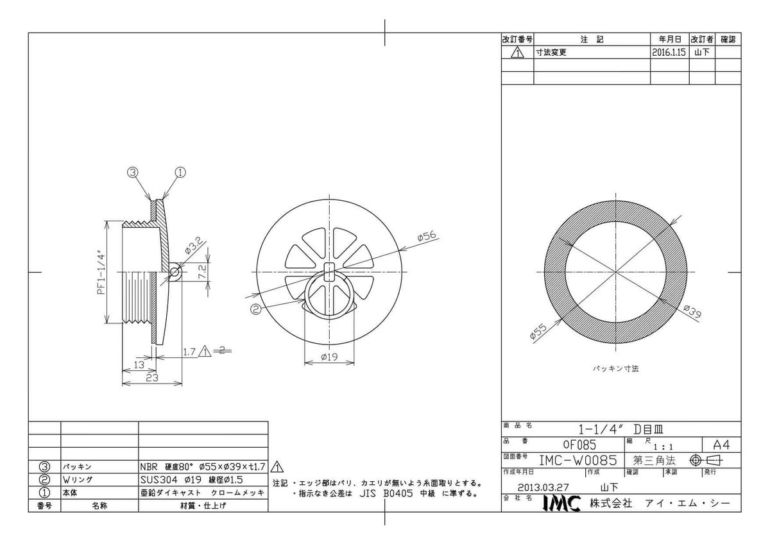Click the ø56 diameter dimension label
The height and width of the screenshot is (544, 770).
coord(426,236)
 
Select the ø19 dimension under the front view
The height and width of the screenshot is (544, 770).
coord(329,357)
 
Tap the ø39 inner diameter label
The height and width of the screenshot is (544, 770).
coord(692,312)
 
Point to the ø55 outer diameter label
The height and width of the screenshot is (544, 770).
coord(538,332)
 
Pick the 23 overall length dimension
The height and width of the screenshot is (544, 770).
coord(152,378)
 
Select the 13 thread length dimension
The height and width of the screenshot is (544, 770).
coord(139,364)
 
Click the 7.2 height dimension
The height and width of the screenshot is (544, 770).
coord(202,271)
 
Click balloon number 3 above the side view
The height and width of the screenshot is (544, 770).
coord(133,172)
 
